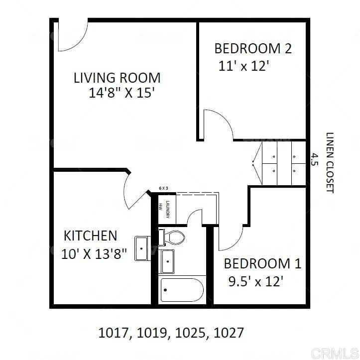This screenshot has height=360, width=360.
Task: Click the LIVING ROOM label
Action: (x=117, y=78)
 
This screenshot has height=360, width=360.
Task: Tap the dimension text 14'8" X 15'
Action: (x=119, y=93)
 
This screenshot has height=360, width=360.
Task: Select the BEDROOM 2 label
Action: (x=252, y=49)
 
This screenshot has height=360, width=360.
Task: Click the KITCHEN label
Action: (x=90, y=236)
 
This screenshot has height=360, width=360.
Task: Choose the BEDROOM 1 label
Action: (x=262, y=263)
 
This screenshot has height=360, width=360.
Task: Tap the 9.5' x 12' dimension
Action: (x=255, y=281)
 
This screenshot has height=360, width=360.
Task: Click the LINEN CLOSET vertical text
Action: (x=329, y=162)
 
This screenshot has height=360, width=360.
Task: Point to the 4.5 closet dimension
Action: (x=314, y=159)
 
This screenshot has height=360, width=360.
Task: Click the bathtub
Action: (x=182, y=290)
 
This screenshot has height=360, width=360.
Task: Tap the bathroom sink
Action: (x=168, y=261)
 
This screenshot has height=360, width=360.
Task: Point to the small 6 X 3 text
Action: (x=163, y=188)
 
